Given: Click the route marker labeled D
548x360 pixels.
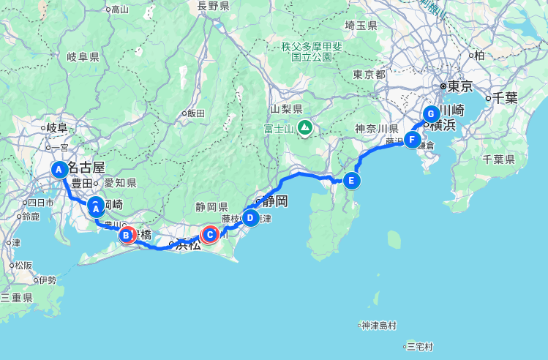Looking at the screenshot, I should click(x=249, y=218).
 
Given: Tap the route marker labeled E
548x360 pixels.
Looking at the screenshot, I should click(x=352, y=180).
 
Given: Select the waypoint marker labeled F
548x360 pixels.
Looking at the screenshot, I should click(x=412, y=139).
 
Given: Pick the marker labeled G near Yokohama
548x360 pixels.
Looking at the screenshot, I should click(x=431, y=114).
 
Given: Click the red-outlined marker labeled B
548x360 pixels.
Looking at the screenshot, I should click(x=127, y=235).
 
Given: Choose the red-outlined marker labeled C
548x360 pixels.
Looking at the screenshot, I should click(x=210, y=234).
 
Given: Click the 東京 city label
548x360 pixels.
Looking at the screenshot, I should click(x=460, y=86).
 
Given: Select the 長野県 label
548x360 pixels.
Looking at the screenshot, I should click(x=213, y=6).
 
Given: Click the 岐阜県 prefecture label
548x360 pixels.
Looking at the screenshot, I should click(x=83, y=57).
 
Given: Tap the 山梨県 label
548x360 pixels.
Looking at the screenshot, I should click(x=288, y=108).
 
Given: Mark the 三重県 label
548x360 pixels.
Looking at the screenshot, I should click(x=16, y=298).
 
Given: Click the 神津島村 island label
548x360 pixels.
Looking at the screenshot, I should click(x=378, y=326).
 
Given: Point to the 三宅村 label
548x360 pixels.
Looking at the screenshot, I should click(x=420, y=346).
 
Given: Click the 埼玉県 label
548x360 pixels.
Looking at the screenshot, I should click(x=361, y=26).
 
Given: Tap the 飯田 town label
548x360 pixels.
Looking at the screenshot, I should click(x=195, y=113).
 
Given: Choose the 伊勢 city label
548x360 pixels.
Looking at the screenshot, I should click(x=47, y=280).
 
